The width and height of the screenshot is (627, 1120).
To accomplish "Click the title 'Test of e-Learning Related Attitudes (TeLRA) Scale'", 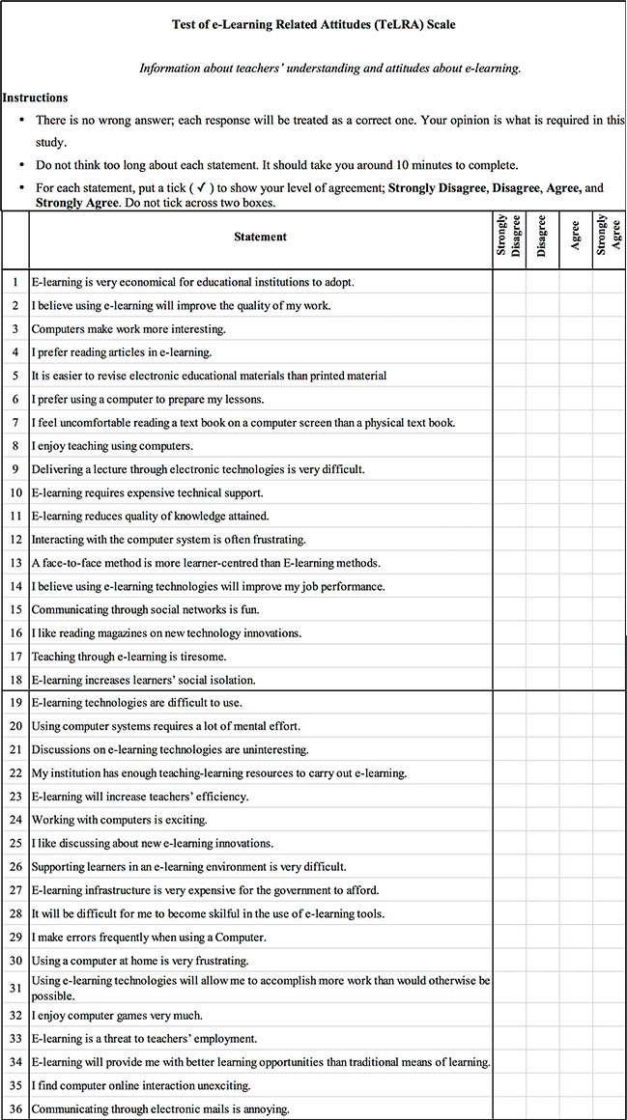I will [x=313, y=26].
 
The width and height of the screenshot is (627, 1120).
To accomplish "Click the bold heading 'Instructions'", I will [x=35, y=98].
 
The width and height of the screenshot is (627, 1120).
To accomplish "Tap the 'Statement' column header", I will [x=260, y=237].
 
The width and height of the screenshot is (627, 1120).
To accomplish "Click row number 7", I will [x=15, y=423].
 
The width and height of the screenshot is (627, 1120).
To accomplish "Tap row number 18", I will [x=15, y=681].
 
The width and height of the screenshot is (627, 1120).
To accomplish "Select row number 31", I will [x=15, y=988].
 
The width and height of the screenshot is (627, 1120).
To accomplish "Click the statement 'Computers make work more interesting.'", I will [x=129, y=329].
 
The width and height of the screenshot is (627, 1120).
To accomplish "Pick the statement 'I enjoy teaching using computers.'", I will [x=113, y=446].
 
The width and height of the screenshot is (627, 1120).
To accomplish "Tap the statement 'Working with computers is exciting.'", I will [x=120, y=820].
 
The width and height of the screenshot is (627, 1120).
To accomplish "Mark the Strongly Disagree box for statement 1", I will [x=509, y=282].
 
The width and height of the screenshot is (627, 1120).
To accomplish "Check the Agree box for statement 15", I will [x=576, y=610].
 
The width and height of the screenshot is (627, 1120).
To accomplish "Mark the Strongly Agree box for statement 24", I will [x=609, y=820].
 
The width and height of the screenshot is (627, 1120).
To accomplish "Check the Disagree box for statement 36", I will [x=542, y=1109].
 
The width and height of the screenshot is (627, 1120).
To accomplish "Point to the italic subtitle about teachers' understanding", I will [x=330, y=69].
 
